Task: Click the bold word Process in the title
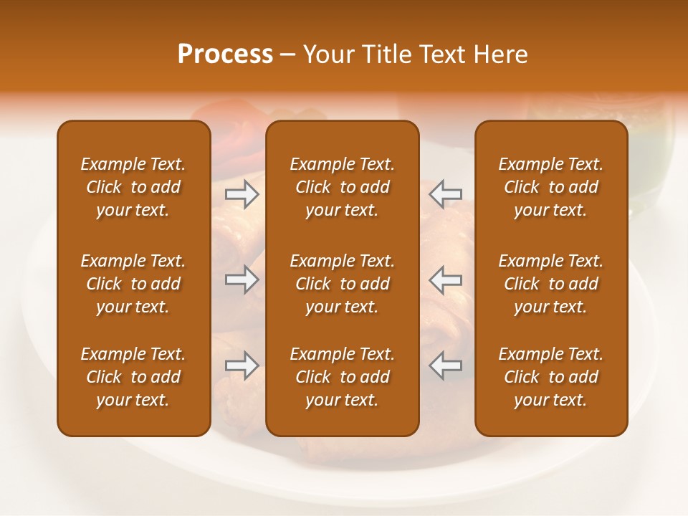coord(225,54)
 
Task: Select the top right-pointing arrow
coord(242,194)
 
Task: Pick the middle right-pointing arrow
coord(242,279)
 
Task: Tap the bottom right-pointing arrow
coord(242,365)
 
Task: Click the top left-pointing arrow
coord(445,194)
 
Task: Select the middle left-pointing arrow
coord(445,279)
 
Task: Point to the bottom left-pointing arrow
coord(445,365)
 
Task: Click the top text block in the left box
coord(133,187)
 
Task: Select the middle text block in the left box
coord(133,284)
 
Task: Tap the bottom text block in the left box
coord(133,377)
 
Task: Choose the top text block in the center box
coord(342,187)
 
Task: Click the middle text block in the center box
coord(342,284)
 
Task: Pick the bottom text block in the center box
coord(342,377)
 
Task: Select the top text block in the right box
coord(550,187)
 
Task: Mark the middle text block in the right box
coord(550,284)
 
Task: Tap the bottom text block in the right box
coord(550,377)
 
